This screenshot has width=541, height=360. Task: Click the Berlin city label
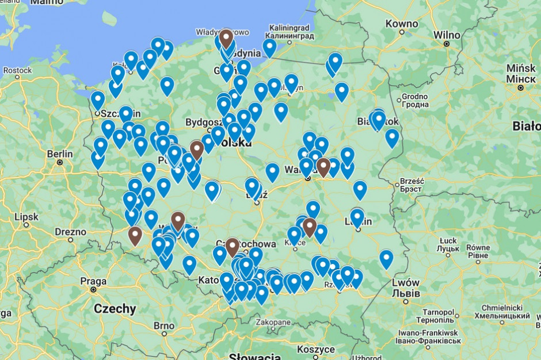[x=60, y=154]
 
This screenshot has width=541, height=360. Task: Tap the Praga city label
[x=93, y=282]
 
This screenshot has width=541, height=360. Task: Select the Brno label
[x=163, y=325]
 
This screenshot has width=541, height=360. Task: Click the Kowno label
[x=402, y=24]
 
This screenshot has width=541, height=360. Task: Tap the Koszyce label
[x=316, y=349]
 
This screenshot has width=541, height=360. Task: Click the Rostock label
[x=17, y=71]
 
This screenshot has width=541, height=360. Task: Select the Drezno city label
[x=70, y=232]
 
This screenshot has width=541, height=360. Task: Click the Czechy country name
[x=115, y=309]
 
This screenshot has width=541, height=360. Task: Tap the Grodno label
[x=415, y=96]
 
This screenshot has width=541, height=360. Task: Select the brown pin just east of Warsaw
[x=323, y=167]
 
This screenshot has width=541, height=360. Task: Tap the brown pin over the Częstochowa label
[x=232, y=247]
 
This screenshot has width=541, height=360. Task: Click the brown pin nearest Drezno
[x=135, y=235]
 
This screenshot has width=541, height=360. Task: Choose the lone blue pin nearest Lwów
[x=386, y=259]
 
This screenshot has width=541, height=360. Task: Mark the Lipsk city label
[x=26, y=217]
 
